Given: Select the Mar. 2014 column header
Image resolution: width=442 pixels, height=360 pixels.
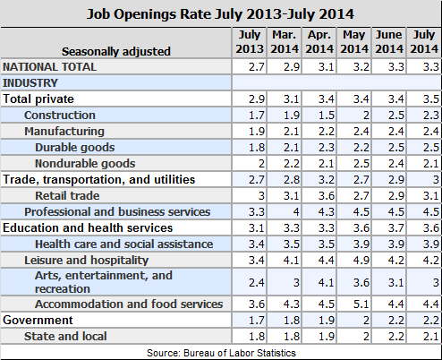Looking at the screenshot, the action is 285,42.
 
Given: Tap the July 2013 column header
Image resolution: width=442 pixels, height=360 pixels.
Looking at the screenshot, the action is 250,42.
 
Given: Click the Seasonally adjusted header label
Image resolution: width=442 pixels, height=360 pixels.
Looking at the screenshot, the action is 116,51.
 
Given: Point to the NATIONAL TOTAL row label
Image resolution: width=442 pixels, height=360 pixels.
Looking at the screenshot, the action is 49,67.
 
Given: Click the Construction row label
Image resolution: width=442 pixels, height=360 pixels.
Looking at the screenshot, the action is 60,116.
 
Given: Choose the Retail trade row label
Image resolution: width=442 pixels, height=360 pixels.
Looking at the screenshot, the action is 67,196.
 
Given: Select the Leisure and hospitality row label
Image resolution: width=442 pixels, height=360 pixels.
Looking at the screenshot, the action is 86,261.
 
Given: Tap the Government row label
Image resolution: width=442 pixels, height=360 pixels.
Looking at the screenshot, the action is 38,320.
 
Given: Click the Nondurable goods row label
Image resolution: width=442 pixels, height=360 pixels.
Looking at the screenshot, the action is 85,164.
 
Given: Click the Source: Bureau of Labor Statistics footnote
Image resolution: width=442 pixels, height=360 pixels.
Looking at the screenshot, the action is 221,353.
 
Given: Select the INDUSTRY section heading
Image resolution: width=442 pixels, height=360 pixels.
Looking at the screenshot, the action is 30,83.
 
